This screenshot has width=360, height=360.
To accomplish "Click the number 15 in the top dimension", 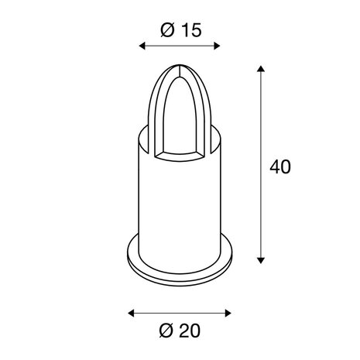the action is click(x=191, y=30).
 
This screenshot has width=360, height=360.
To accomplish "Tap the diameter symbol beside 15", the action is click(x=167, y=30).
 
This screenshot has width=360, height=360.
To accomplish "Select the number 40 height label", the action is click(x=280, y=166).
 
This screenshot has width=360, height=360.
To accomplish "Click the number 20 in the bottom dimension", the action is click(x=190, y=331).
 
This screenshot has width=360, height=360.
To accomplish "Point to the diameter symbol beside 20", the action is click(x=166, y=331).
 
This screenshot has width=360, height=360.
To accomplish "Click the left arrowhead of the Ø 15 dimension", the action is click(x=142, y=46).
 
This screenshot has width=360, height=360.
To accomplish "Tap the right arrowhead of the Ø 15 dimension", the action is click(x=217, y=46).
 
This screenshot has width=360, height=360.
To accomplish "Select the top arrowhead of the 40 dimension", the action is click(x=261, y=69).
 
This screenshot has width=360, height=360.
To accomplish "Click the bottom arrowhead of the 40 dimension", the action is click(x=261, y=260).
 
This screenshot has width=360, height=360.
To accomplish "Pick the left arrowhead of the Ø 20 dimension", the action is click(x=131, y=314).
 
